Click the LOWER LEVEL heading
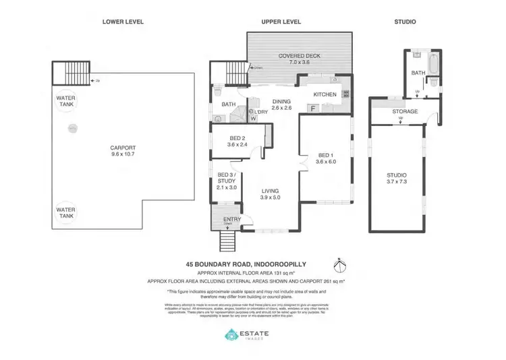[123, 22]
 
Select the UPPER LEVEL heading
[281, 22]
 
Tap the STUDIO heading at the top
[405, 22]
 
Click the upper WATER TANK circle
[66, 102]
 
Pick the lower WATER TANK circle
[66, 214]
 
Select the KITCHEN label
[325, 94]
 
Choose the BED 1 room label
[326, 158]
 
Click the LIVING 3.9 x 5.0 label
[270, 195]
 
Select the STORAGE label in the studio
[405, 112]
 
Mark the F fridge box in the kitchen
[313, 107]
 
